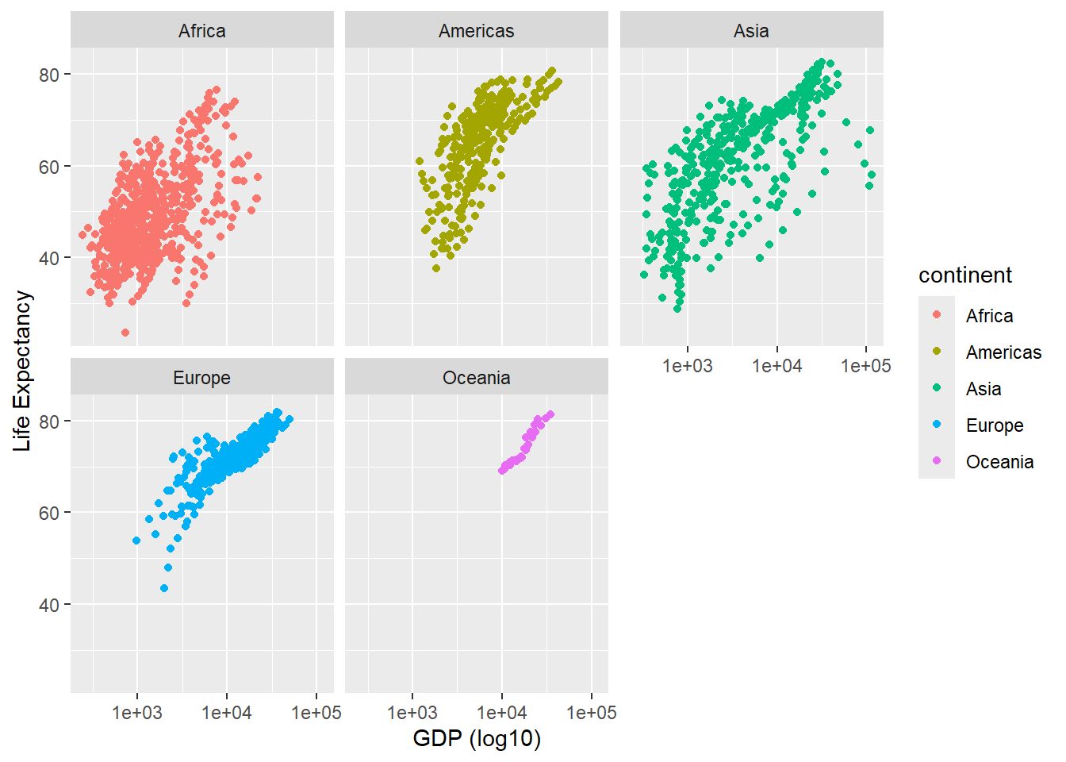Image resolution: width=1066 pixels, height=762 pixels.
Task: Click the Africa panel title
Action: [201, 31]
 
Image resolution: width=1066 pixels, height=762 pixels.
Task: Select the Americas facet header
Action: [476, 31]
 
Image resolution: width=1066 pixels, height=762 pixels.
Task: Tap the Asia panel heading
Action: [751, 31]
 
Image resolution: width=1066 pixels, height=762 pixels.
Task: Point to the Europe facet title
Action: [201, 378]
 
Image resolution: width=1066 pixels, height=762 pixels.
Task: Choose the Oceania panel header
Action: [476, 378]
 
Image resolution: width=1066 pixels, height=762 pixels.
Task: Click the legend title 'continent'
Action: [964, 275]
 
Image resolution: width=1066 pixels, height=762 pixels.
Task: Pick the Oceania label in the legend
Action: [999, 462]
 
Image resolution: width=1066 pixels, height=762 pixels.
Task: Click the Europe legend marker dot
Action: [937, 425]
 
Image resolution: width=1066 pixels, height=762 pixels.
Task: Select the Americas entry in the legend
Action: [1003, 352]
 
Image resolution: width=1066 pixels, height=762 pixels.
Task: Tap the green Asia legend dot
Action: [937, 388]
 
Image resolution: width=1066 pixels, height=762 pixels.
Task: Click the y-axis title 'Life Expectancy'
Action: [22, 371]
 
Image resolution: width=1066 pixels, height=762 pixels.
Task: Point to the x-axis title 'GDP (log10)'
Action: [477, 739]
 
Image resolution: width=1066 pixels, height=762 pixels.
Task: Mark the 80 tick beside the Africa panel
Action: [49, 75]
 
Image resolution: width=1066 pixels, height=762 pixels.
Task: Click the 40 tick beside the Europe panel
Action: [49, 605]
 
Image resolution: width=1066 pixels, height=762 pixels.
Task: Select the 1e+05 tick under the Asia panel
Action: [866, 366]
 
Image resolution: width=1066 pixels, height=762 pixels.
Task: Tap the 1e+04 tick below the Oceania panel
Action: [501, 713]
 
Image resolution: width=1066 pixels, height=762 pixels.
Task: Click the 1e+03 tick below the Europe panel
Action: [136, 713]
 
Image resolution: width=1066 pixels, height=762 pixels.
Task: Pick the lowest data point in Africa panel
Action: [125, 333]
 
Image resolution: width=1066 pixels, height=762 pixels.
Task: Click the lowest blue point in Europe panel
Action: [164, 588]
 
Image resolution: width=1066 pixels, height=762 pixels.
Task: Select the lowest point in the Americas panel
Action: [436, 268]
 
